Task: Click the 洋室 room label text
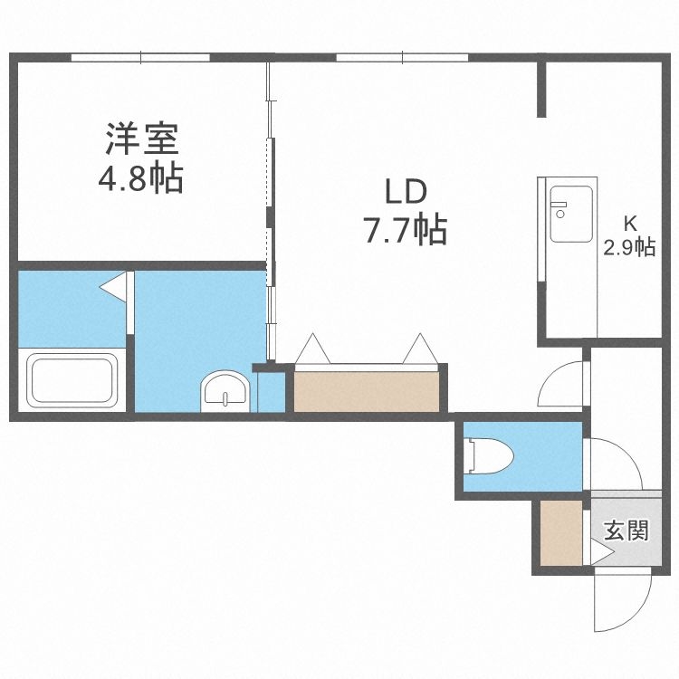click(141, 140)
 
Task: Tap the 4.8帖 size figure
click(141, 178)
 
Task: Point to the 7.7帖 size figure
click(405, 232)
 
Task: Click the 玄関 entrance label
click(626, 530)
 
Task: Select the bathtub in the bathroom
click(72, 380)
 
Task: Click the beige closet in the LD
click(368, 390)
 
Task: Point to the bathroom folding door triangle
click(113, 287)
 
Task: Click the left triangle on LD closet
click(314, 349)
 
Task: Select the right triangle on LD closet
click(421, 349)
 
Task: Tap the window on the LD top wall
click(403, 57)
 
